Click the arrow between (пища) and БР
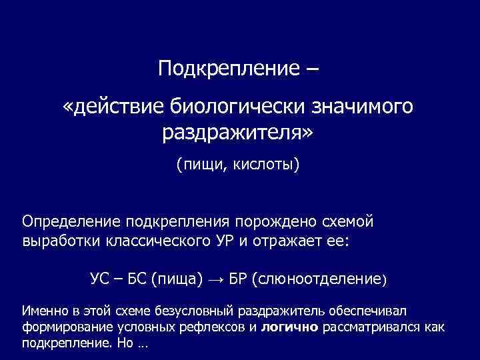217,277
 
